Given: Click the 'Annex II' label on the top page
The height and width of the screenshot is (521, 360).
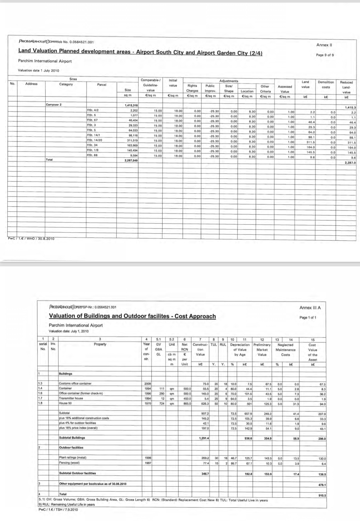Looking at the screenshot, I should point(324,45).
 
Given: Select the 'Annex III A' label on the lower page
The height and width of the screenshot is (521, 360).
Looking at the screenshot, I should point(310,308).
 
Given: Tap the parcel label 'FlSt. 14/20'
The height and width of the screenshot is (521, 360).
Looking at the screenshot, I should point(94,140).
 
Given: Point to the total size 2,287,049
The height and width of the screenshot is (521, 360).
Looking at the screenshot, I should point(131,160).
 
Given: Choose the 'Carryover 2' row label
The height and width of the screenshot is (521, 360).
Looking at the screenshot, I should point(54,104).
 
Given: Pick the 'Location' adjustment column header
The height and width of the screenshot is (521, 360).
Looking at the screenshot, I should point(247,91).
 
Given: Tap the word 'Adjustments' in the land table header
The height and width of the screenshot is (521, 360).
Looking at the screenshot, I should point(229,80).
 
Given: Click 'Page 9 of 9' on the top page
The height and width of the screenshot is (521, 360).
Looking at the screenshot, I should point(324,55).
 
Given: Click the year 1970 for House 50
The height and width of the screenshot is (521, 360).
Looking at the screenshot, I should point(147,403).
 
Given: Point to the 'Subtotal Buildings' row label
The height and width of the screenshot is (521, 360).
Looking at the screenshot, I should point(72,437).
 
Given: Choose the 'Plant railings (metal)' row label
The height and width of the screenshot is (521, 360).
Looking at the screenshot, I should point(73,458).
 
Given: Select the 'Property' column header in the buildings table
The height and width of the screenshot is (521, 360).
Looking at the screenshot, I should point(100,344).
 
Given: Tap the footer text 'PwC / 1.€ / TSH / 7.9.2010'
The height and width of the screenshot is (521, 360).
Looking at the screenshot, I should point(58,510).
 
